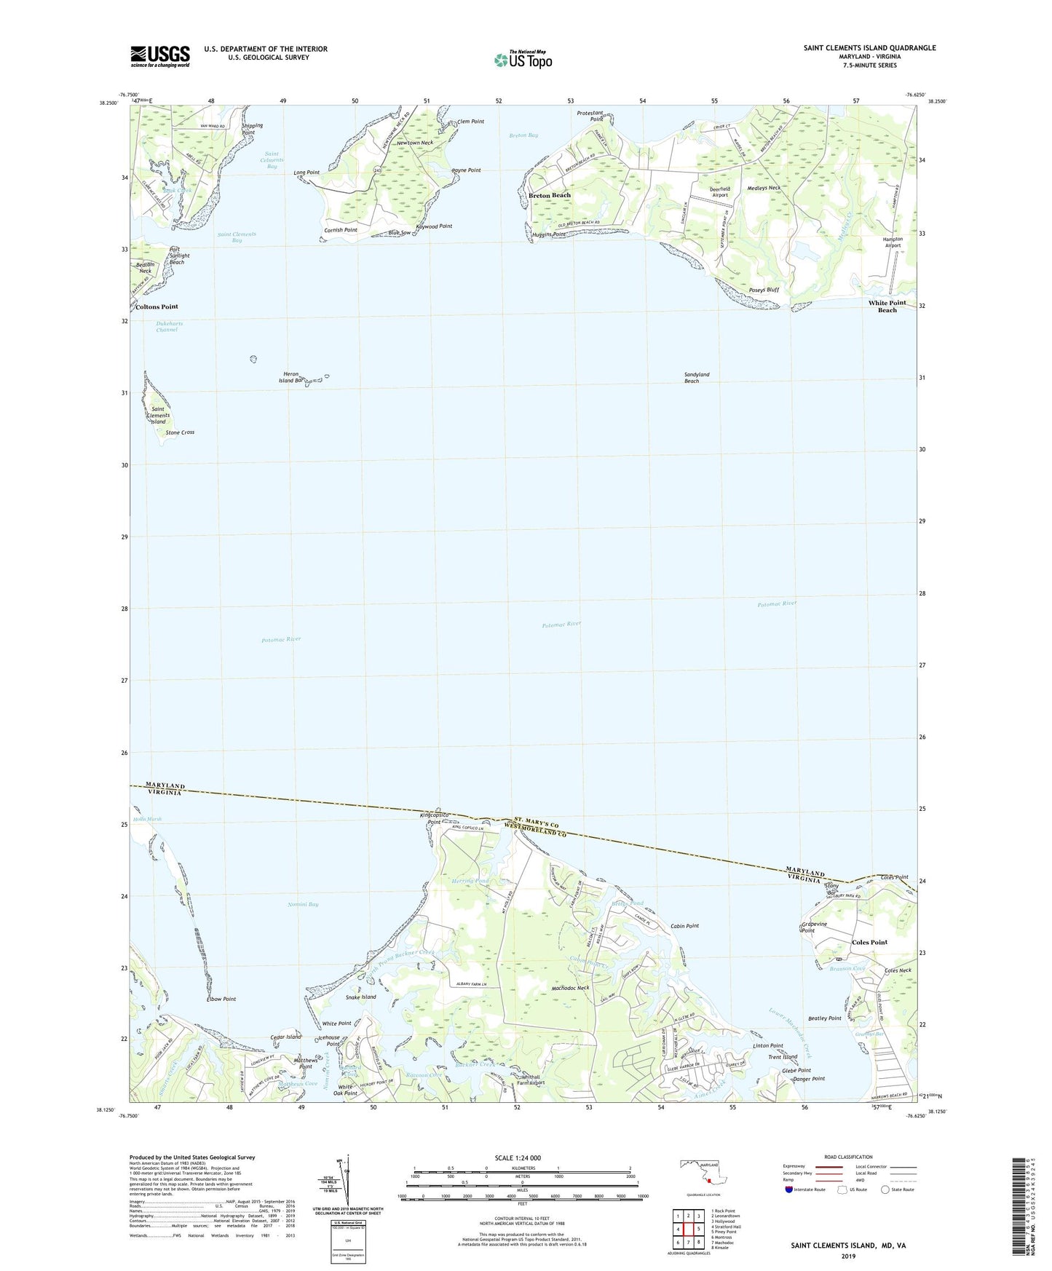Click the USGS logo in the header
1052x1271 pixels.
160,56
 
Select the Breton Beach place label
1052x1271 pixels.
550,195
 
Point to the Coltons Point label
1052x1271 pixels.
157,307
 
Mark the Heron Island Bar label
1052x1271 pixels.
291,377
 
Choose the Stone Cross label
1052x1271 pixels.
180,432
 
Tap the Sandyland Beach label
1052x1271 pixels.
696,378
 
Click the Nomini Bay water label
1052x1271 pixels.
303,904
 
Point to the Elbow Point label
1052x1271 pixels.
221,999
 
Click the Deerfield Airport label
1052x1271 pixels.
719,192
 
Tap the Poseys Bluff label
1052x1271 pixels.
764,290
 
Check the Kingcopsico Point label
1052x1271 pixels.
435,819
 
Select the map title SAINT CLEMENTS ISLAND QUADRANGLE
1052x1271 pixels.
869,48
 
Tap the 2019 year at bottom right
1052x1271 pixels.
848,1256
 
